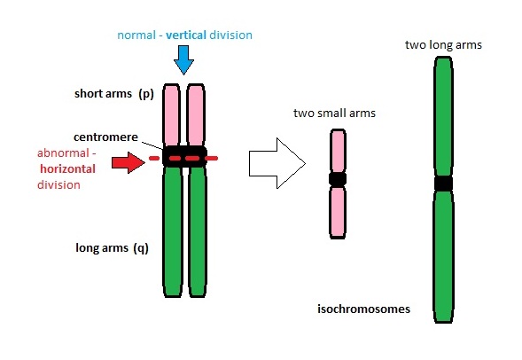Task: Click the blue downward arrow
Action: pos(183,59)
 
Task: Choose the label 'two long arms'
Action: pos(442,44)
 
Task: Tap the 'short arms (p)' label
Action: pos(114,93)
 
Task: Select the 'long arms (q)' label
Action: pos(111,248)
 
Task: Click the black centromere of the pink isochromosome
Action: pos(337,179)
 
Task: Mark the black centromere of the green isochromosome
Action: pos(443,184)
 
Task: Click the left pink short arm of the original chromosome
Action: pos(173,115)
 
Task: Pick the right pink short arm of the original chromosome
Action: pos(195,115)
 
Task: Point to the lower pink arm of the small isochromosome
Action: pos(337,211)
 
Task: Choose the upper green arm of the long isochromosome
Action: pos(443,115)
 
